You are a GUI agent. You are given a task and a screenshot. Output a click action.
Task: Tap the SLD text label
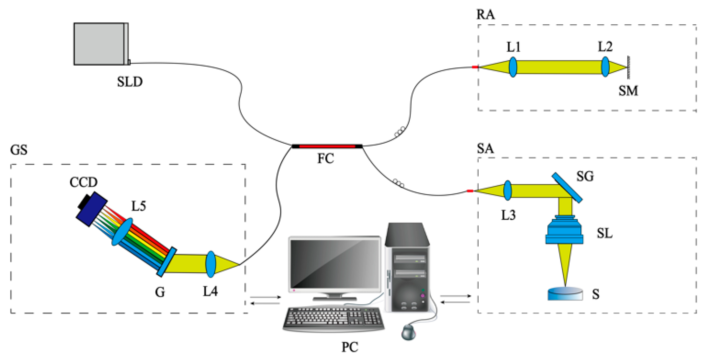130,82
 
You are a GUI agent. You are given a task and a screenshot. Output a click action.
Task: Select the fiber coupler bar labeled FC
327,146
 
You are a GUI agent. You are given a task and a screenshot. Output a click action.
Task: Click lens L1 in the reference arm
513,67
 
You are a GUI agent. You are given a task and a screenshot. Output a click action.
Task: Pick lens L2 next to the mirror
605,67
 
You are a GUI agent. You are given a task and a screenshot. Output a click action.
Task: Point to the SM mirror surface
628,67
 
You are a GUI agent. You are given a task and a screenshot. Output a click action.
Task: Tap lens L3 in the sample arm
508,191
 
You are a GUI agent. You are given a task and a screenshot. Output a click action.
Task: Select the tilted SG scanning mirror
567,188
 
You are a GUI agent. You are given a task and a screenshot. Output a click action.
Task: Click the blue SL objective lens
564,231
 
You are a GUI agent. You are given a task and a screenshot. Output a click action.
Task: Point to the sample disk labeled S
565,294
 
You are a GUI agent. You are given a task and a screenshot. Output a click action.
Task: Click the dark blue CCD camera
91,209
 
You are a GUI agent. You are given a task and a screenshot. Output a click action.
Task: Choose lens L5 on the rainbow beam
122,232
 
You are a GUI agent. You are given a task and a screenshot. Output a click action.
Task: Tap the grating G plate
167,262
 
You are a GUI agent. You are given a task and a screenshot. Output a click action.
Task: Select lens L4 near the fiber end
211,264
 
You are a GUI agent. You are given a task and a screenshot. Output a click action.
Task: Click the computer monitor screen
335,264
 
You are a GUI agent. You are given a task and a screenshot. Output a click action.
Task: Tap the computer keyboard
334,319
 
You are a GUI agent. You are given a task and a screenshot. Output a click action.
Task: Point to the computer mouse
408,332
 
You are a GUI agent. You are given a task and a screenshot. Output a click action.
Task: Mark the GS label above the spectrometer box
19,150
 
